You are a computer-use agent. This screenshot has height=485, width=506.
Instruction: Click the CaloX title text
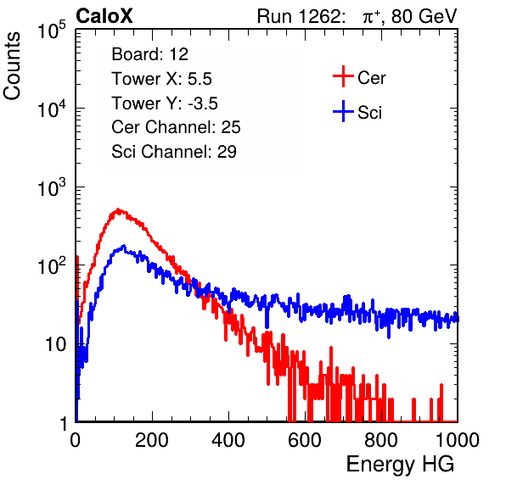(104, 16)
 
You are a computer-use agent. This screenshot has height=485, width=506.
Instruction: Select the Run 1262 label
(299, 16)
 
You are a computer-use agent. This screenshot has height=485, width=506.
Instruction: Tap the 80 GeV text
(424, 16)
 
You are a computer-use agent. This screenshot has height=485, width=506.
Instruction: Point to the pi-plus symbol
(371, 17)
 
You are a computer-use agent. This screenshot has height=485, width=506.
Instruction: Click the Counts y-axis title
(12, 66)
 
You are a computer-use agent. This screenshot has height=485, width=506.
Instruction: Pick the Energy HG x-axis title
(400, 465)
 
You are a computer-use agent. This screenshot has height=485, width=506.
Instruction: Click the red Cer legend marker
(343, 76)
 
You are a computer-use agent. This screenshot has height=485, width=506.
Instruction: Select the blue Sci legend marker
(343, 111)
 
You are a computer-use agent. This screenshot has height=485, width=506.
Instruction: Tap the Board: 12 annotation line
(149, 54)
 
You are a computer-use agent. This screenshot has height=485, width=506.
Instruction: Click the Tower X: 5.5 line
(161, 79)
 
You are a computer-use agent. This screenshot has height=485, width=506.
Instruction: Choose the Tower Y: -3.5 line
(165, 103)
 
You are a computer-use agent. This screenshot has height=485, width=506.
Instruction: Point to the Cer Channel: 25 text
(176, 127)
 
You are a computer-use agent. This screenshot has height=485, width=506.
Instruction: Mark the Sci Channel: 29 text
(174, 152)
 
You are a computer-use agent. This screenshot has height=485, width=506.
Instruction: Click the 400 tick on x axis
(228, 440)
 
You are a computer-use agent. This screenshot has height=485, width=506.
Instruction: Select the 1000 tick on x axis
(458, 440)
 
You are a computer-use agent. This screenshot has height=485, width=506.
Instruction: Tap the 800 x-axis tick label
(381, 440)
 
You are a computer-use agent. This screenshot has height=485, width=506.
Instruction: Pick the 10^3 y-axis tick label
(52, 187)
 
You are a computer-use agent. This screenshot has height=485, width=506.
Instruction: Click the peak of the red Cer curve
(118, 209)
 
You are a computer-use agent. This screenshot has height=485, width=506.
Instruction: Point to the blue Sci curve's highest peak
(124, 246)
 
